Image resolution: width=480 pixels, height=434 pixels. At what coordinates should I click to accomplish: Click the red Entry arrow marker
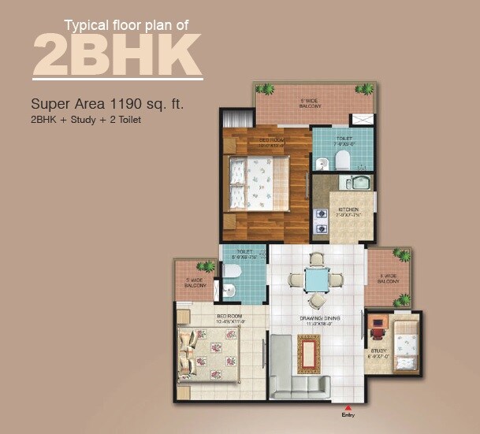348,407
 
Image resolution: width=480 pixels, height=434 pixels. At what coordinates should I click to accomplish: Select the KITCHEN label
348,210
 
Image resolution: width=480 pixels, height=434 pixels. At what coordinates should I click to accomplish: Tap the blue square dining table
316,280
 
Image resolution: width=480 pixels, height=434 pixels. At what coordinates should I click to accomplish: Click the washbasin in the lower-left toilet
228,291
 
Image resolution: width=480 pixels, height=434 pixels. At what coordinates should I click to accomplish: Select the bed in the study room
406,346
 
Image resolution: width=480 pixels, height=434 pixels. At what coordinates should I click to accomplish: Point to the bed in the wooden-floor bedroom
257,183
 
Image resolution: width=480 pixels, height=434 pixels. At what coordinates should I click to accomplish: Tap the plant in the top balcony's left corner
265,90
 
